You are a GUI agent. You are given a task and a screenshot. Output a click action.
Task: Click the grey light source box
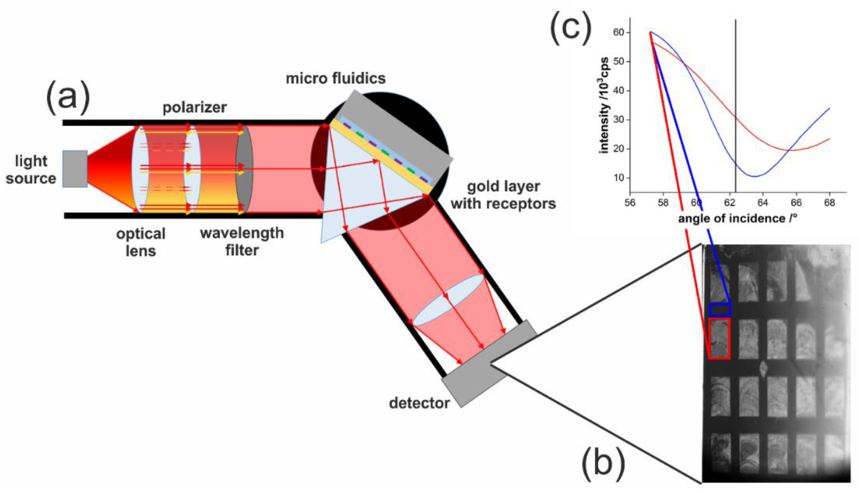click(x=75, y=169)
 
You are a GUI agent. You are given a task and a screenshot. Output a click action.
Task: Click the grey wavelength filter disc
click(x=244, y=169)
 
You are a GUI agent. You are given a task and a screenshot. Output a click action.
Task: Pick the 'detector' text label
click(x=419, y=403)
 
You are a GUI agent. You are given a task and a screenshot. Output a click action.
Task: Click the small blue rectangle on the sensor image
click(x=720, y=310)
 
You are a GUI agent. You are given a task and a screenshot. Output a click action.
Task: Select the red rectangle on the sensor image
click(x=719, y=338)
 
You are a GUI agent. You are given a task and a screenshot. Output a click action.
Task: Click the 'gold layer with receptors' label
click(x=503, y=195)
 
